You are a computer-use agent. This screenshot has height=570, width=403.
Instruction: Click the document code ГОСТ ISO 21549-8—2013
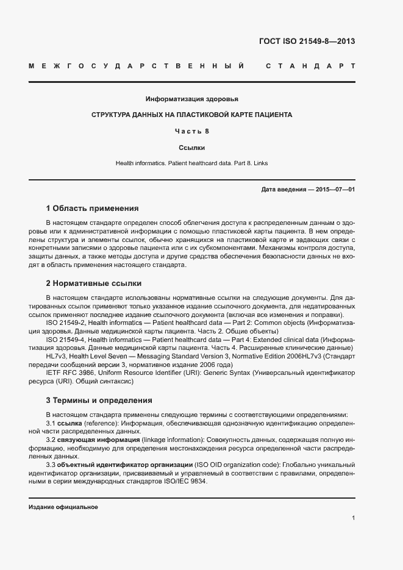307,41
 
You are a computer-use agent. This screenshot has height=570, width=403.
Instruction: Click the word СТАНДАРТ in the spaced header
310,66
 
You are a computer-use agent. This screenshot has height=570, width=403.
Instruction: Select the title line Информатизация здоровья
191,99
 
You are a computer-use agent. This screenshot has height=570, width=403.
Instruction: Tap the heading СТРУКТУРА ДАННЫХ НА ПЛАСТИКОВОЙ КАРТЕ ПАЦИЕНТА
191,115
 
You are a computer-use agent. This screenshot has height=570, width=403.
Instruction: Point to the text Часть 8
192,131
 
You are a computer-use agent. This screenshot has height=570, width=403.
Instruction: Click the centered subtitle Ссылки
191,148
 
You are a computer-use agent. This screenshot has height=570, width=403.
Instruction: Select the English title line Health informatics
191,163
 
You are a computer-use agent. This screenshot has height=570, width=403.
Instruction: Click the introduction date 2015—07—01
335,190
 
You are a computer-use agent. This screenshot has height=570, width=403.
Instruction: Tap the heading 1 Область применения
92,208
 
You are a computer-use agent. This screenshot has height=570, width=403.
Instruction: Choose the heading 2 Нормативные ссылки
93,283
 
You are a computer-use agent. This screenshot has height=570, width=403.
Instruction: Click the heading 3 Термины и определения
99,401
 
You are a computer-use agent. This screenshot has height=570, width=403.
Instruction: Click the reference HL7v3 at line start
57,355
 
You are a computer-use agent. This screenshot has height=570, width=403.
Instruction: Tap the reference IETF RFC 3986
69,372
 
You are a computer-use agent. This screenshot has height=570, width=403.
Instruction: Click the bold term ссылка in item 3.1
70,422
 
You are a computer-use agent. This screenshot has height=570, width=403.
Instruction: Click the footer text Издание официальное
63,507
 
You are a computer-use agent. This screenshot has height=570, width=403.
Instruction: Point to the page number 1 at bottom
353,518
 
